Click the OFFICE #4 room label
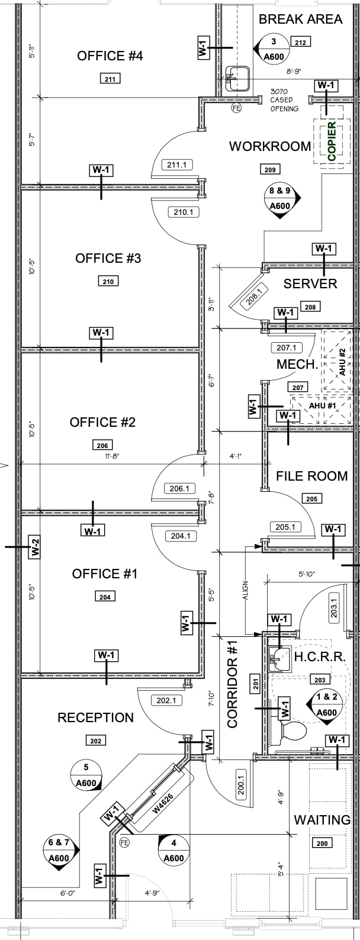(x=110, y=56)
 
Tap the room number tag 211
(x=110, y=79)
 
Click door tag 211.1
(x=176, y=165)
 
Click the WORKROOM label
(x=270, y=146)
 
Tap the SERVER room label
(x=310, y=284)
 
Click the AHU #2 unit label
(x=342, y=361)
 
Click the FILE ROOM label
(x=311, y=476)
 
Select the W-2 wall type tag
(x=36, y=548)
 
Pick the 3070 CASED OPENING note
(x=285, y=100)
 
